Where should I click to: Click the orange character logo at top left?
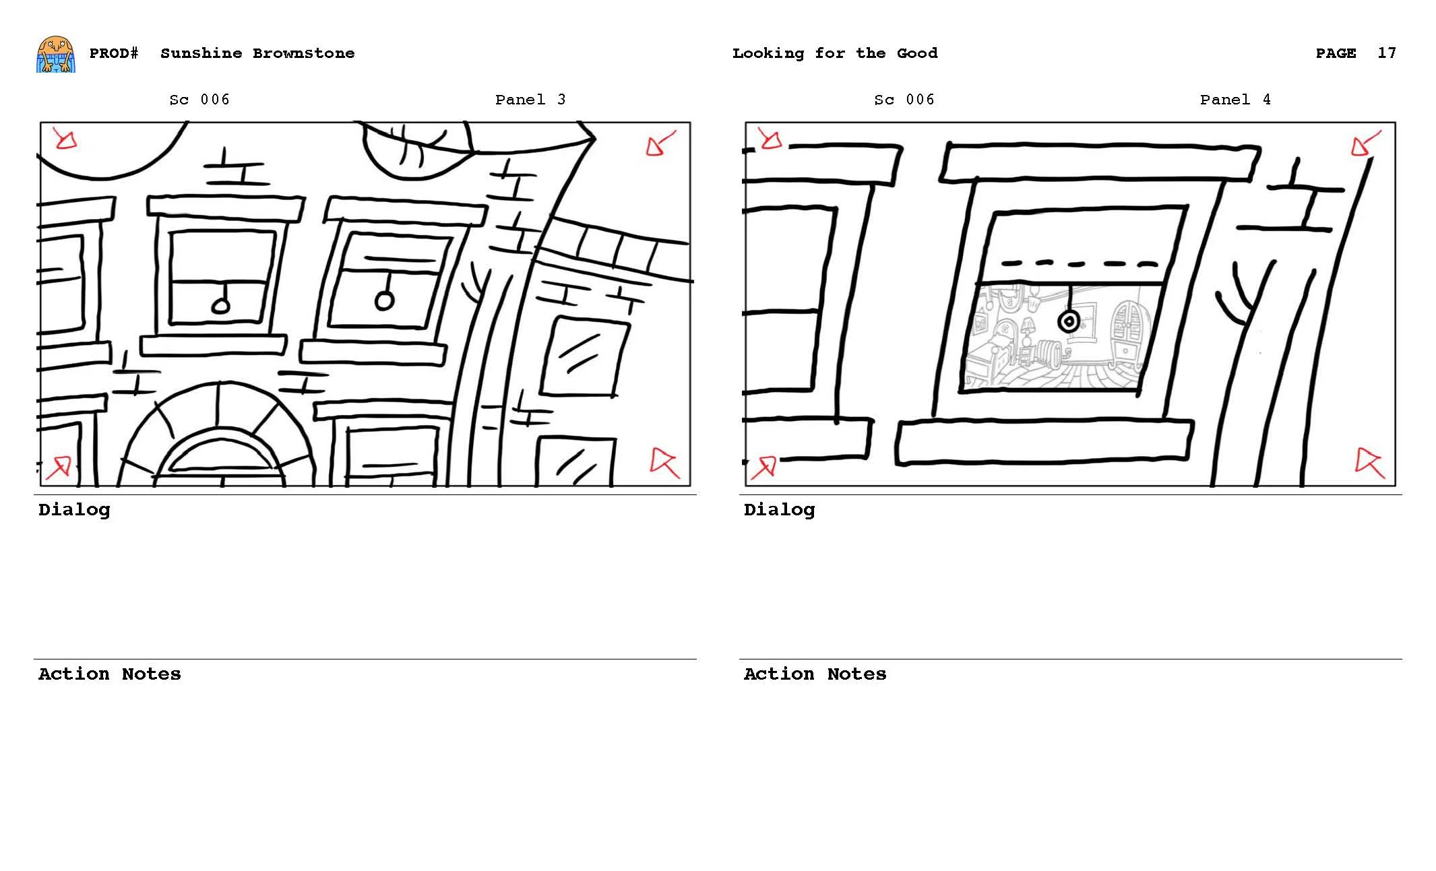[x=55, y=55]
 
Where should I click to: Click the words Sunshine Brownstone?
[x=257, y=53]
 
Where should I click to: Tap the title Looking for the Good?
[x=834, y=53]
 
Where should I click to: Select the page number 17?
[x=1386, y=53]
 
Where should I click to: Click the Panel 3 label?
[x=530, y=100]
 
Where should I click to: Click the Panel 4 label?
[x=1235, y=100]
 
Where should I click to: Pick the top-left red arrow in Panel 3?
[x=65, y=139]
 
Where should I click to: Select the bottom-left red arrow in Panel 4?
[x=764, y=466]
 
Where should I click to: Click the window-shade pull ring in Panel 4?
[x=1069, y=321]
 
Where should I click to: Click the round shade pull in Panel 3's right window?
[x=383, y=300]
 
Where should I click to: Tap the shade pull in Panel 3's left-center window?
[x=221, y=307]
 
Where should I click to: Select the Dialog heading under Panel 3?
[x=74, y=510]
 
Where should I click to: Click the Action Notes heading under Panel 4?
[x=814, y=674]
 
